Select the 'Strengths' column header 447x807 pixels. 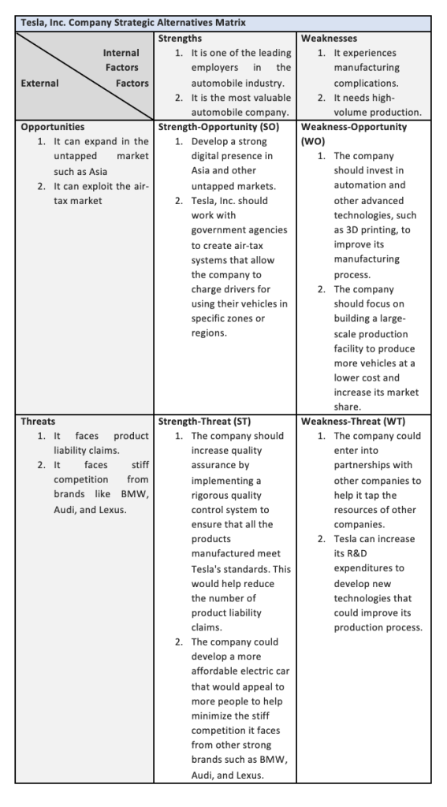click(x=180, y=38)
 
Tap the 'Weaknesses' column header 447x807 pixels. click(x=329, y=38)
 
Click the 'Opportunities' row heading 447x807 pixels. click(x=53, y=126)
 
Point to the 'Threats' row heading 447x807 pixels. click(x=39, y=422)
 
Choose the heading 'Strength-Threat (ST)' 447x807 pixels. click(x=205, y=422)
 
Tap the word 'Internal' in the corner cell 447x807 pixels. click(x=121, y=53)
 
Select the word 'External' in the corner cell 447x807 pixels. click(x=40, y=83)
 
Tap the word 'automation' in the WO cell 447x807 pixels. click(x=359, y=185)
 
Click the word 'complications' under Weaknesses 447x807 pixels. click(x=367, y=82)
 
